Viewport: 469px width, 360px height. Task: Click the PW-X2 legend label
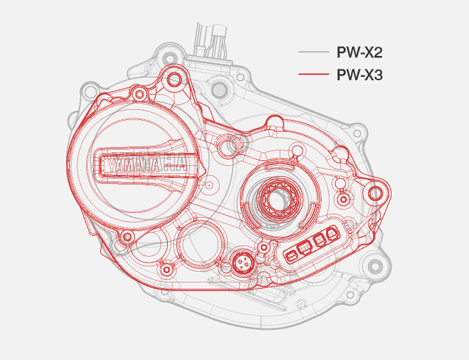click(x=359, y=53)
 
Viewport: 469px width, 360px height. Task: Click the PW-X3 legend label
click(x=359, y=75)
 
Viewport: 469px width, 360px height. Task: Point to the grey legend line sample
click(x=313, y=53)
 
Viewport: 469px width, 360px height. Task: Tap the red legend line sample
click(x=313, y=75)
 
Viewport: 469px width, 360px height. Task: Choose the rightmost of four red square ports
click(x=332, y=235)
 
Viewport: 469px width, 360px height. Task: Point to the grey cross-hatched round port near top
click(x=220, y=89)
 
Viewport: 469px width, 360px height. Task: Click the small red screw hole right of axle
click(x=344, y=200)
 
